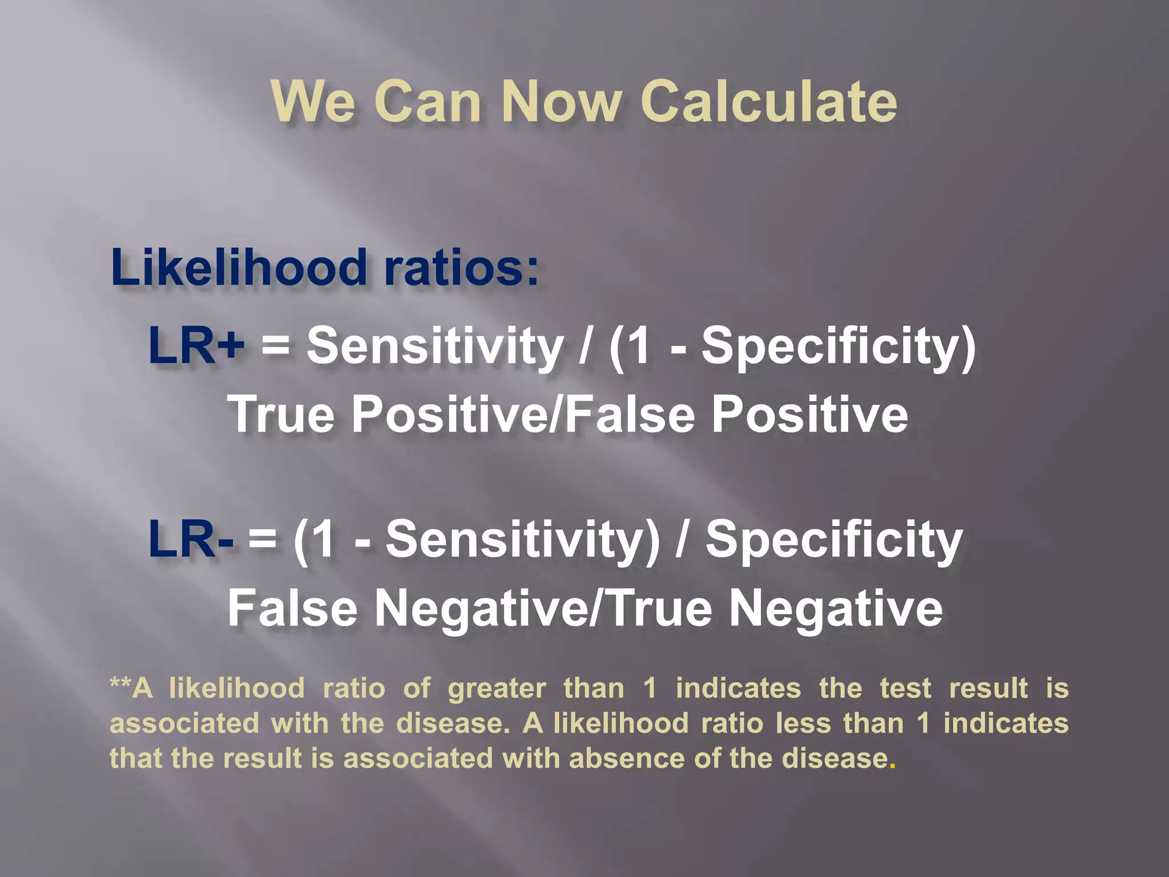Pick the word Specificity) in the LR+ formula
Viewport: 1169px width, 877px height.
click(838, 346)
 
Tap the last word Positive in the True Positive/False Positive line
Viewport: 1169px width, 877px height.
click(809, 414)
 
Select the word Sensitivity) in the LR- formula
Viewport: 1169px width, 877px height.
click(522, 539)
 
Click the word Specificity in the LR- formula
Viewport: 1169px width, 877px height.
click(834, 539)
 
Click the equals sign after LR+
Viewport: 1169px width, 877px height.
click(276, 347)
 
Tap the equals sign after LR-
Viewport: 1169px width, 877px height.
click(263, 540)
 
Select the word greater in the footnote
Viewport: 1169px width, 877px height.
click(497, 688)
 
